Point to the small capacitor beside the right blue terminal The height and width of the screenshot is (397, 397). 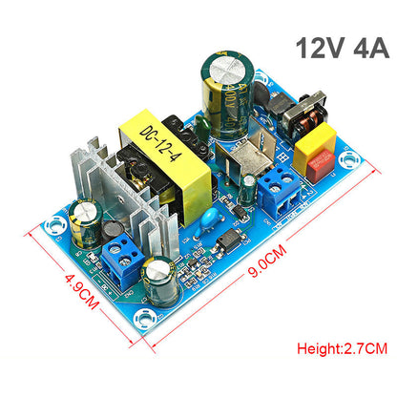click(x=247, y=190)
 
